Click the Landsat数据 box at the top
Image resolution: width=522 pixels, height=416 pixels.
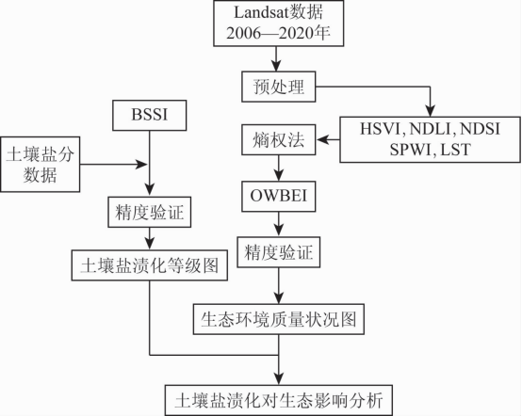tap(278, 24)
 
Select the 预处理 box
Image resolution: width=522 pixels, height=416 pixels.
tap(278, 87)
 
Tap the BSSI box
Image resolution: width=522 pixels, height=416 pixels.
tap(150, 115)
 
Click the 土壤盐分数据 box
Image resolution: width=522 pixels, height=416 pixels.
tap(40, 165)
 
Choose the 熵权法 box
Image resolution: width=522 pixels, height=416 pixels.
tap(278, 139)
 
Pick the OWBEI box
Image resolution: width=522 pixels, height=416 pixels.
tap(278, 196)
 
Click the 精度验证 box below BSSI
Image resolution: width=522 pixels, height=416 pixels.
tap(150, 212)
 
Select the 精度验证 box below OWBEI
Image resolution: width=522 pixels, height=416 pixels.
tap(278, 252)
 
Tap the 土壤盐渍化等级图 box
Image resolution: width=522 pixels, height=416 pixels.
tap(150, 265)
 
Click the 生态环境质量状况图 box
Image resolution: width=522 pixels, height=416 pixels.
tap(279, 319)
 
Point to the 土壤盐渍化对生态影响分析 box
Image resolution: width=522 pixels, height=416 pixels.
tap(279, 400)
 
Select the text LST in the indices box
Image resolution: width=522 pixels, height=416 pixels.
tap(455, 150)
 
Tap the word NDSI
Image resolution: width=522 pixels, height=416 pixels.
tap(480, 129)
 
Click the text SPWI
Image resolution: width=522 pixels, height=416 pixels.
tap(410, 150)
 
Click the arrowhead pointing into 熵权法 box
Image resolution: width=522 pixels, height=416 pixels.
tap(322, 139)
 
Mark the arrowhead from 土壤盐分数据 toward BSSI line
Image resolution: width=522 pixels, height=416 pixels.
tap(140, 164)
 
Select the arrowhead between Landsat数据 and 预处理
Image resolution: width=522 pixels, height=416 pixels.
tap(276, 66)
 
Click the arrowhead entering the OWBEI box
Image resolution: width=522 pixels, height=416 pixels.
tap(278, 175)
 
